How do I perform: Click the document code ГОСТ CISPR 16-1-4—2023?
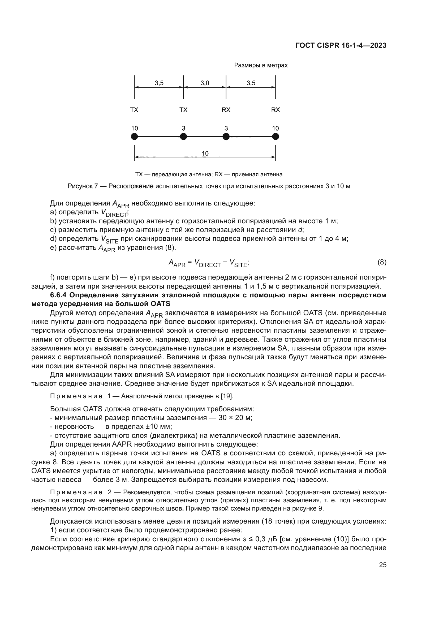click(341, 45)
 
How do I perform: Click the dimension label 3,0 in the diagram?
click(205, 83)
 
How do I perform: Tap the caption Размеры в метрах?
click(261, 65)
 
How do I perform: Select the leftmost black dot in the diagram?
click(134, 136)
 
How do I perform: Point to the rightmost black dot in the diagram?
click(276, 136)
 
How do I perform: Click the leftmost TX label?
click(134, 110)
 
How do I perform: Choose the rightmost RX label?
click(276, 110)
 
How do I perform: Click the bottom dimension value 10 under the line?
click(205, 153)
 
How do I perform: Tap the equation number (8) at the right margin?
click(382, 262)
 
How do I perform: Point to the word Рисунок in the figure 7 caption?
click(80, 186)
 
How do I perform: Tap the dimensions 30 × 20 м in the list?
click(235, 418)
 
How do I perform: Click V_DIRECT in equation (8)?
click(207, 263)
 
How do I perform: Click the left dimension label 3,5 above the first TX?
click(159, 83)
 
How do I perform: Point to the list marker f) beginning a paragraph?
click(53, 277)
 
